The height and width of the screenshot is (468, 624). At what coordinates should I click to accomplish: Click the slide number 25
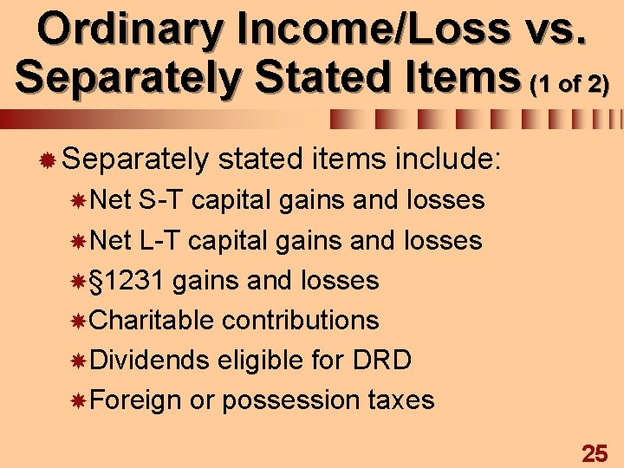(595, 452)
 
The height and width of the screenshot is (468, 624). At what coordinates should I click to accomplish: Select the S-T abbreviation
(160, 200)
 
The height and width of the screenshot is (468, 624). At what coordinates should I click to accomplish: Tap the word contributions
(300, 320)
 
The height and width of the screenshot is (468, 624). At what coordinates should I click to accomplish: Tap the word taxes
(400, 400)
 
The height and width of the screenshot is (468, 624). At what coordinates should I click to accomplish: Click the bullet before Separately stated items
(49, 159)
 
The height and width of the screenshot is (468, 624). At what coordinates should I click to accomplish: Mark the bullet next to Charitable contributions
(79, 321)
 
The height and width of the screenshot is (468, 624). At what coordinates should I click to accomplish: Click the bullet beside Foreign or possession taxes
(79, 400)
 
